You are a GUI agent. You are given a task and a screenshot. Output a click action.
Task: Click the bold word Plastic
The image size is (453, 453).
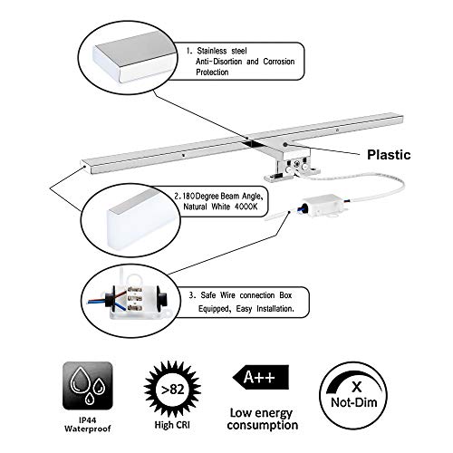coord(389,155)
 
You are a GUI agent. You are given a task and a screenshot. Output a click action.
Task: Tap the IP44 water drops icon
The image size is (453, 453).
coord(88,386)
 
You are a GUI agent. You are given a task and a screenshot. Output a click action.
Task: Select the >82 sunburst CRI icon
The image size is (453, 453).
coord(172,390)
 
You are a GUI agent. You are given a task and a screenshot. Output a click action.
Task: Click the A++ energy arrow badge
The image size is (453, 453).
coord(261,377)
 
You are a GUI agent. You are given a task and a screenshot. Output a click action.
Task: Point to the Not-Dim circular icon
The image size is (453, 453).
coord(353,395)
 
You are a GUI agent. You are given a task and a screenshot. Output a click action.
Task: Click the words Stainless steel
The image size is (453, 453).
coord(222,51)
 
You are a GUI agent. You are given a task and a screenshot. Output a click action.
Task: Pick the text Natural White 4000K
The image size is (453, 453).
coord(220,207)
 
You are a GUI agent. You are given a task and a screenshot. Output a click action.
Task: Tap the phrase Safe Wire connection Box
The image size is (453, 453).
coord(246,295)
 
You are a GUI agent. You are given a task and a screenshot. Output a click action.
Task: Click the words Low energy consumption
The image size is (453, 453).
coord(263,419)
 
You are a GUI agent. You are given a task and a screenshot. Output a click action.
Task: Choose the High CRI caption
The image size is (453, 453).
coord(172,425)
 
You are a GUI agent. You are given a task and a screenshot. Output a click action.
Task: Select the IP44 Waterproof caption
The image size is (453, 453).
coord(88,424)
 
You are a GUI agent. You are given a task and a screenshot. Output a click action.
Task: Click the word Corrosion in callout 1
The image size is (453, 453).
coord(279,62)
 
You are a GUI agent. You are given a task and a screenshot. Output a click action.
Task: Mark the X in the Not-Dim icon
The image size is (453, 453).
coord(357,386)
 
